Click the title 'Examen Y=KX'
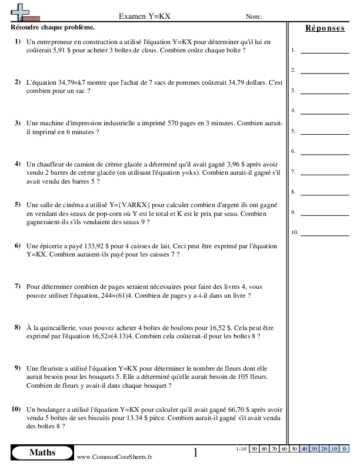pyautogui.click(x=145, y=16)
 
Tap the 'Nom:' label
pyautogui.click(x=254, y=16)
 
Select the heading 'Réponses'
pyautogui.click(x=325, y=28)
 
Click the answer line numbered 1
pyautogui.click(x=324, y=51)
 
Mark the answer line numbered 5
pyautogui.click(x=324, y=132)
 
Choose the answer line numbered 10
pyautogui.click(x=324, y=233)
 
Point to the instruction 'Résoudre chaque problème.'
pyautogui.click(x=52, y=28)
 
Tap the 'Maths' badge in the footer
pyautogui.click(x=42, y=452)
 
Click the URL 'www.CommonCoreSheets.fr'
pyautogui.click(x=114, y=457)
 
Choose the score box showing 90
pyautogui.click(x=254, y=449)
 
